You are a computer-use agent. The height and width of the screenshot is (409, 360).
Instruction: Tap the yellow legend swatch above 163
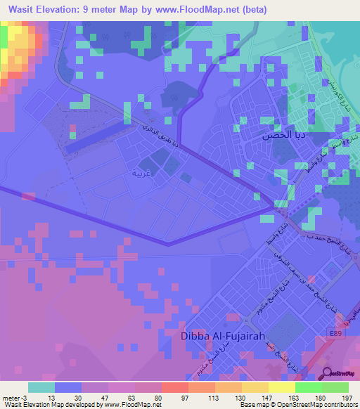(x=281, y=387)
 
